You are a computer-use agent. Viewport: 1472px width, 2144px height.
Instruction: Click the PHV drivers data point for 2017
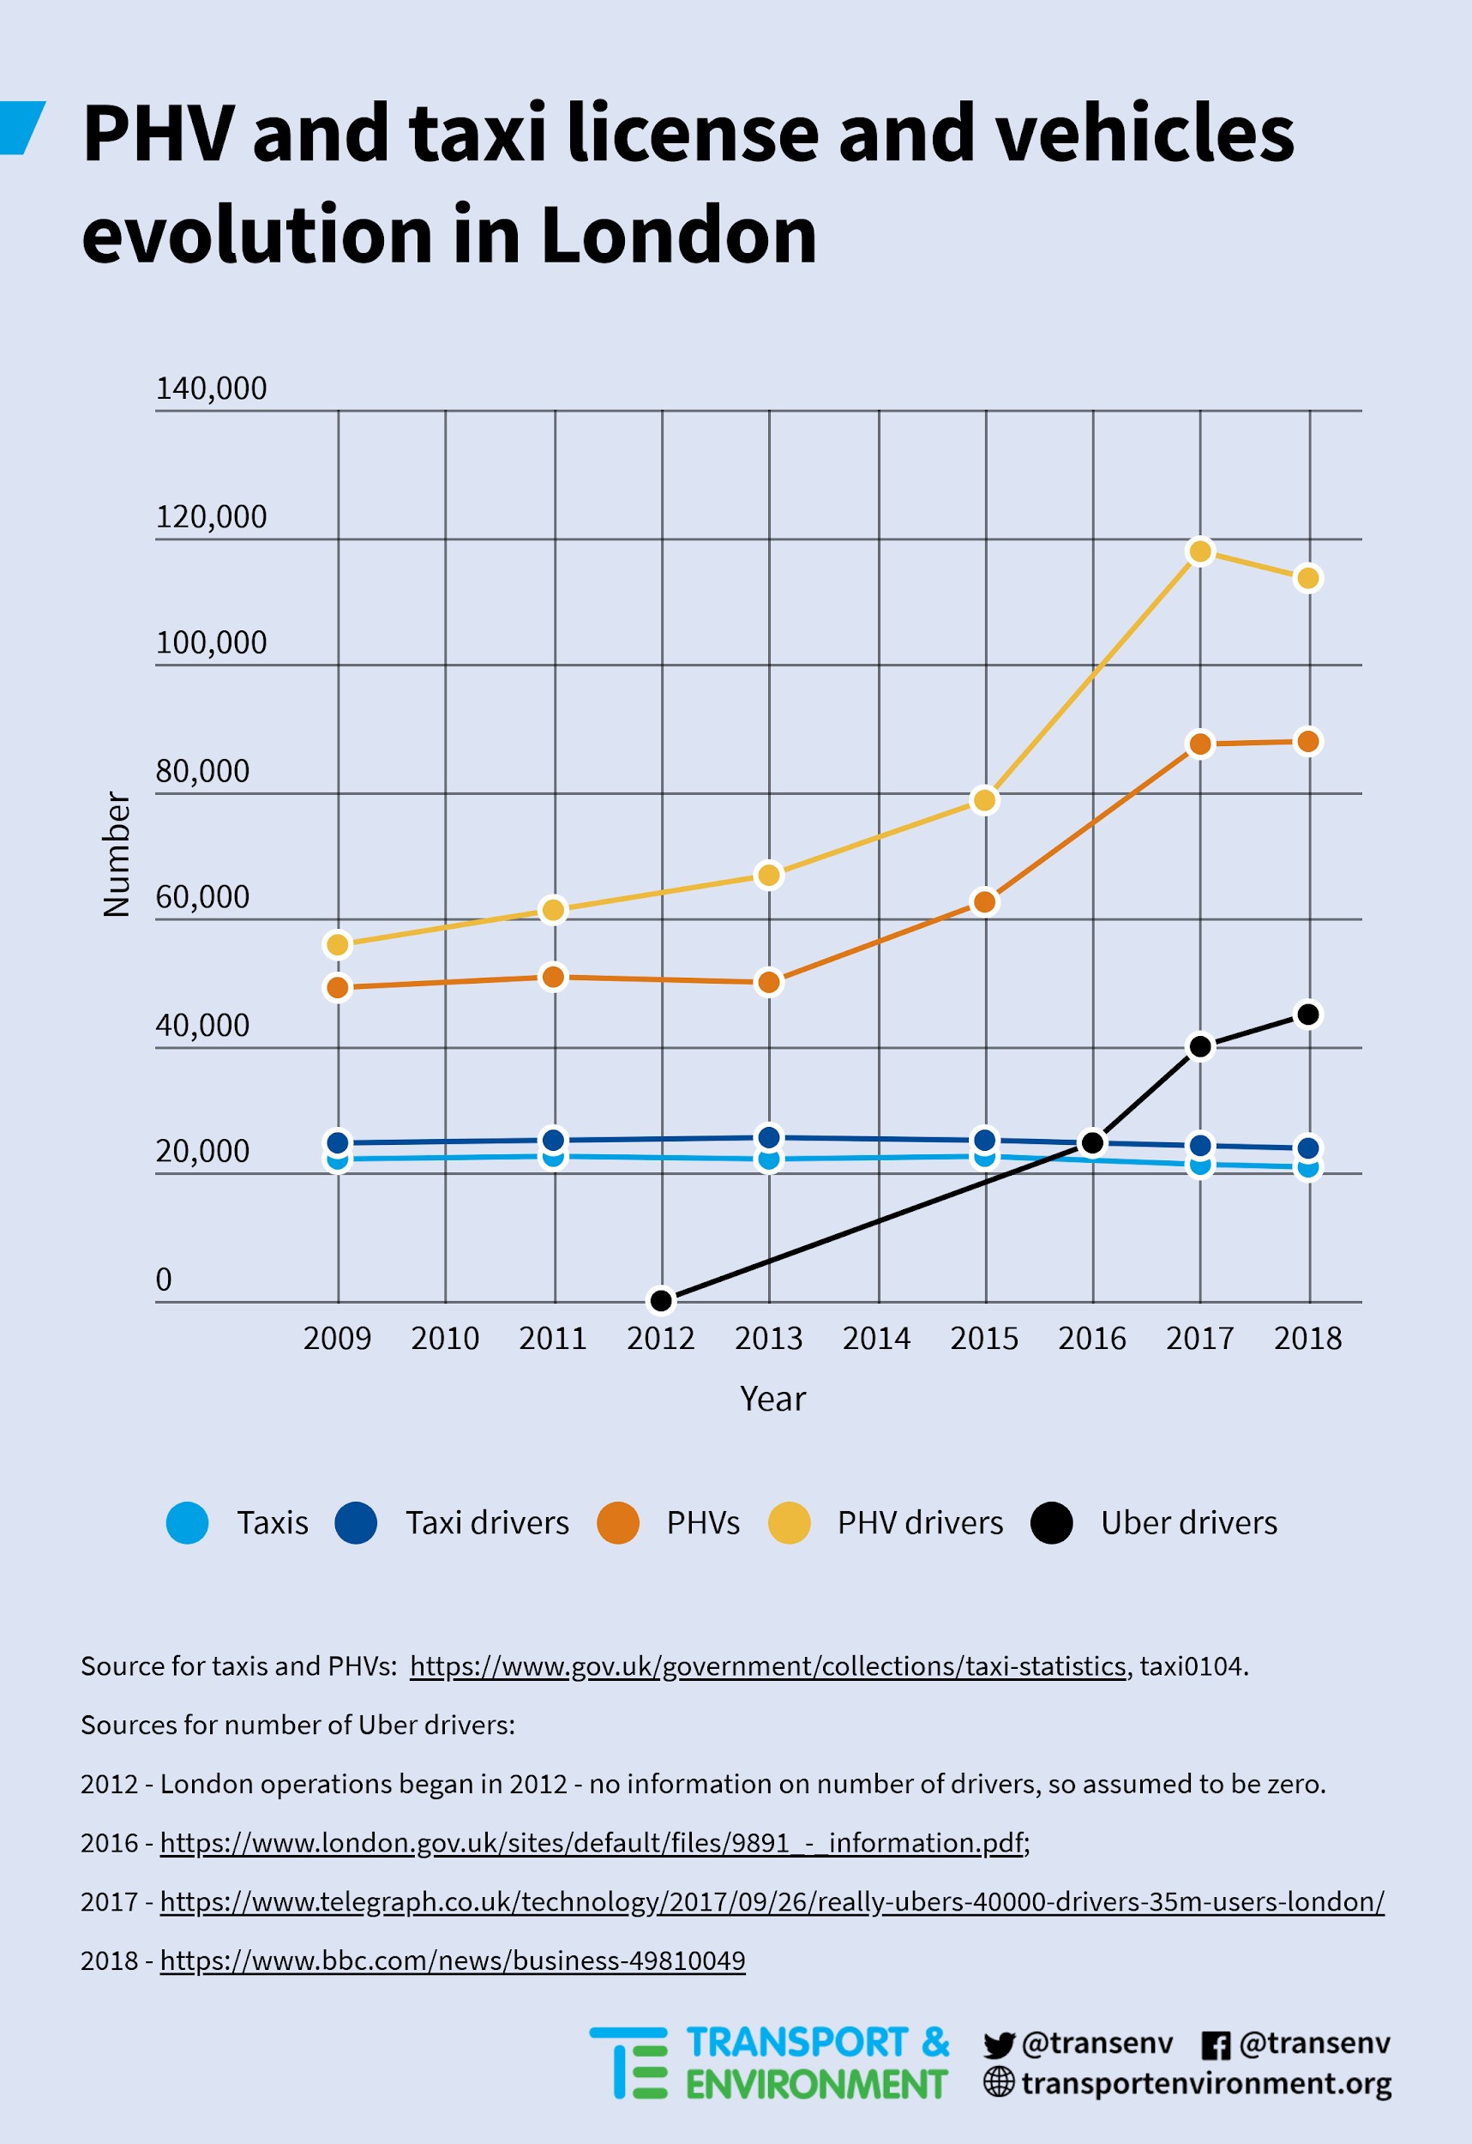[1200, 551]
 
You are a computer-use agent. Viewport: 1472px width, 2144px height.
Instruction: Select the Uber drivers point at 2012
[661, 1301]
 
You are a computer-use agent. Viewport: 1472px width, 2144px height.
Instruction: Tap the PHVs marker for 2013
[768, 983]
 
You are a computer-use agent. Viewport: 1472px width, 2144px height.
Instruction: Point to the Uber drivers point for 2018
[1308, 1015]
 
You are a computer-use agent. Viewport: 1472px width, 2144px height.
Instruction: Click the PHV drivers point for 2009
[338, 945]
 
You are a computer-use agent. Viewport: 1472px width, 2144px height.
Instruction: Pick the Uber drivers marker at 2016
[1093, 1143]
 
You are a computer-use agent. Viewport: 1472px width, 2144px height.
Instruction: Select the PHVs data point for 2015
[985, 901]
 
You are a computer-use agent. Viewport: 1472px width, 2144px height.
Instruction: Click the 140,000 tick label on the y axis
[211, 388]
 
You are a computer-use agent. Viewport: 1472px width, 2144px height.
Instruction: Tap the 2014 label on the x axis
[876, 1338]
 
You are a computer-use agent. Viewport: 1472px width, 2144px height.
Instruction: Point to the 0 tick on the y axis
[163, 1280]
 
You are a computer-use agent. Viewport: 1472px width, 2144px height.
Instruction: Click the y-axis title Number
[117, 854]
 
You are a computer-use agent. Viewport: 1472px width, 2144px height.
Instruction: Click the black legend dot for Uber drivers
[1051, 1522]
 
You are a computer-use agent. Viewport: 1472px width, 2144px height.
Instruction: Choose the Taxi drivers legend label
[488, 1522]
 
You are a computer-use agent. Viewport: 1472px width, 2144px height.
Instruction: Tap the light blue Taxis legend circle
[187, 1522]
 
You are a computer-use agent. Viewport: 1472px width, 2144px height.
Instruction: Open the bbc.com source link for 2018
[453, 1960]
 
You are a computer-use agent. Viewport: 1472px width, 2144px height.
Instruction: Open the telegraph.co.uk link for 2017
[772, 1901]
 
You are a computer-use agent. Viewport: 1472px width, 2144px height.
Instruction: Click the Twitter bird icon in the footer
[999, 2045]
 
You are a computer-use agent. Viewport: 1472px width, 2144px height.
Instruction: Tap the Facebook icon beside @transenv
[1216, 2045]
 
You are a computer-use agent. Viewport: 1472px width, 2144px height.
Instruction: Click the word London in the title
[679, 234]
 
